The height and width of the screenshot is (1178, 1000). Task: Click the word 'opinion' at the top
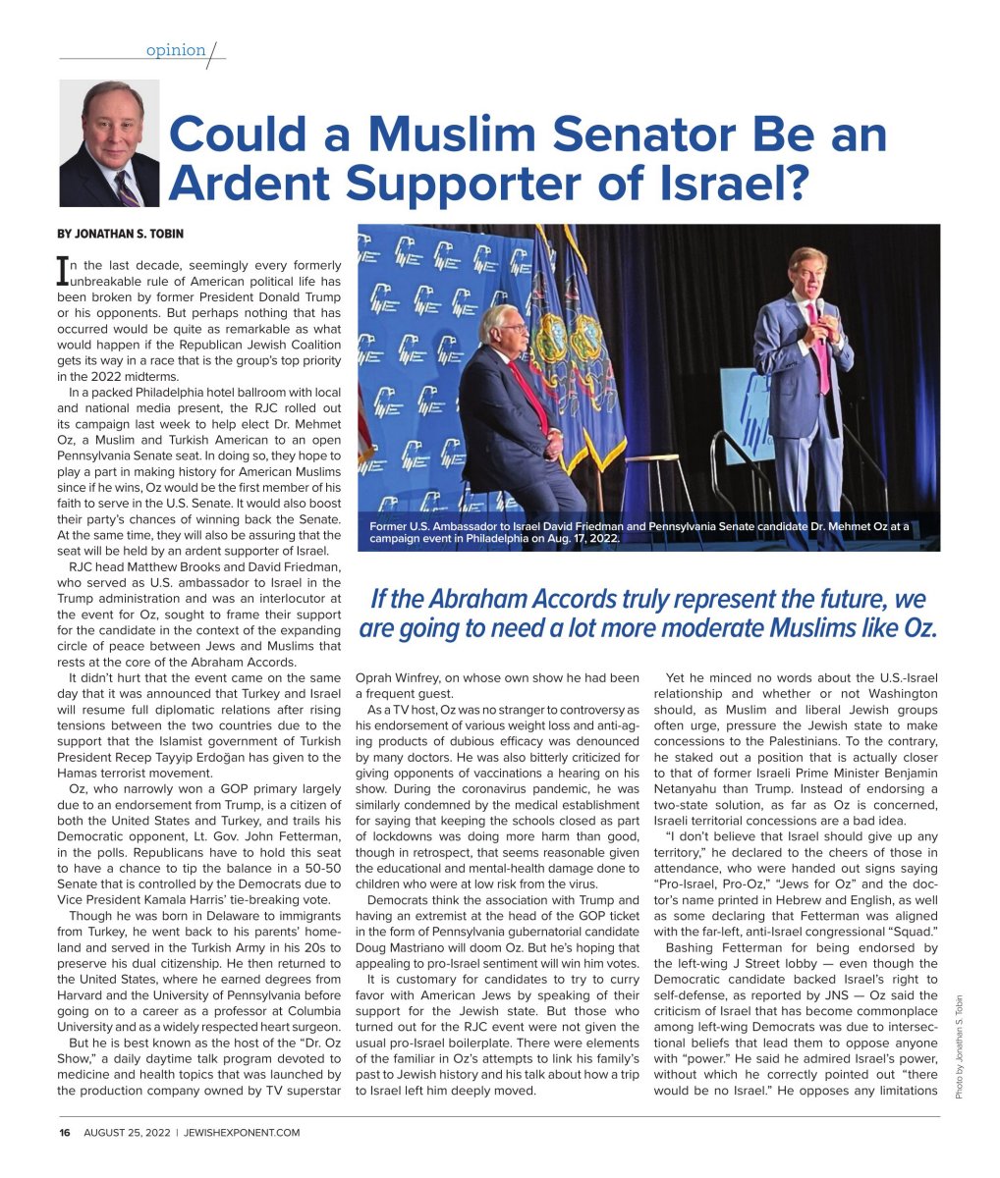click(x=176, y=50)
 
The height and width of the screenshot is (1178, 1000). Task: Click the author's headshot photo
click(x=109, y=143)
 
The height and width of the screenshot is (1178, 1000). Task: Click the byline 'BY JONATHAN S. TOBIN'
click(x=121, y=234)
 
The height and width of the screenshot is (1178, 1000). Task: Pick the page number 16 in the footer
click(x=65, y=1132)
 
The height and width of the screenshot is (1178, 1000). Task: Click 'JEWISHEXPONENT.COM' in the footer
click(x=241, y=1132)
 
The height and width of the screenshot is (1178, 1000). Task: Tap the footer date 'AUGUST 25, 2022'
click(x=127, y=1132)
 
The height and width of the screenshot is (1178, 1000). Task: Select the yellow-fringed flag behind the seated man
click(x=584, y=353)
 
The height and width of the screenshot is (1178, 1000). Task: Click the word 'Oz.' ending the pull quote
click(x=919, y=628)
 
